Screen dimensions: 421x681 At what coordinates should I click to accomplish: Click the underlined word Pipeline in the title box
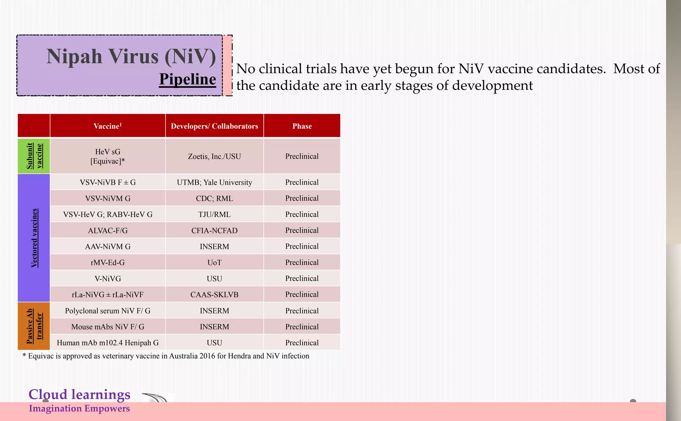pyautogui.click(x=188, y=80)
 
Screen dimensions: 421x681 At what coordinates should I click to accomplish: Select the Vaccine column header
pyautogui.click(x=107, y=126)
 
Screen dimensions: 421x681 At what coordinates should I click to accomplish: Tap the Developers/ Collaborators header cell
pyautogui.click(x=214, y=126)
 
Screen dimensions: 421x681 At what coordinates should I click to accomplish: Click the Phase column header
pyautogui.click(x=302, y=126)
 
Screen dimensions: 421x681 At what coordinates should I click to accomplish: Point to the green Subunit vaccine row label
pyautogui.click(x=34, y=156)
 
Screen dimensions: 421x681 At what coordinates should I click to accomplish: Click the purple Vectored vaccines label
pyautogui.click(x=34, y=238)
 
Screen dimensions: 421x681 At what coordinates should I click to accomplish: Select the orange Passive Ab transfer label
pyautogui.click(x=34, y=326)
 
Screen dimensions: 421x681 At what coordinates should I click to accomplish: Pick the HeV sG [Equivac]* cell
pyautogui.click(x=107, y=156)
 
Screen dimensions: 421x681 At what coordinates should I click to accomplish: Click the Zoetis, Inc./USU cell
pyautogui.click(x=214, y=156)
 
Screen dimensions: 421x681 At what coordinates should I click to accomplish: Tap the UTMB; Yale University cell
pyautogui.click(x=214, y=182)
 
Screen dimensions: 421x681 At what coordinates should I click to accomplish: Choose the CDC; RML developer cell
pyautogui.click(x=214, y=198)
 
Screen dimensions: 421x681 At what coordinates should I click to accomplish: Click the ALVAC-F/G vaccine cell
pyautogui.click(x=107, y=230)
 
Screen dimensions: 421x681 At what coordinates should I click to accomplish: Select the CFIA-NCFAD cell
pyautogui.click(x=214, y=230)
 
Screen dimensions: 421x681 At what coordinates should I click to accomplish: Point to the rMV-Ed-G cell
pyautogui.click(x=107, y=263)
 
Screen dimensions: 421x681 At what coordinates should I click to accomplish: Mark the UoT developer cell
pyautogui.click(x=214, y=263)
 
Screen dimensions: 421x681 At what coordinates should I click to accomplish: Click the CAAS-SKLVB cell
pyautogui.click(x=214, y=295)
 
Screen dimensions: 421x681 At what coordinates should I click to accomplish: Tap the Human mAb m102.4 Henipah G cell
pyautogui.click(x=107, y=343)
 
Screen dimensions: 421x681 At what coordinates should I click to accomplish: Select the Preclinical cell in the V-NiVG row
pyautogui.click(x=302, y=279)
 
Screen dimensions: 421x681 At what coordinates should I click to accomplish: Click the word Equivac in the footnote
pyautogui.click(x=41, y=356)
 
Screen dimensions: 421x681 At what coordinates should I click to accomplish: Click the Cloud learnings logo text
pyautogui.click(x=79, y=395)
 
